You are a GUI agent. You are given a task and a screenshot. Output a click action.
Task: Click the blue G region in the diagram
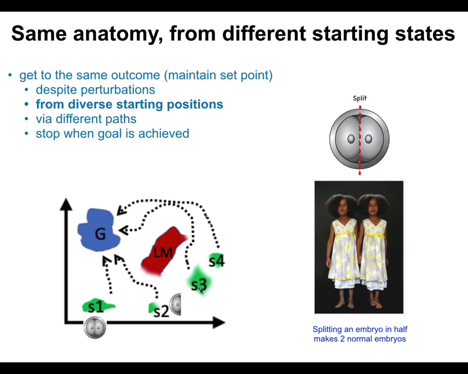(x=98, y=230)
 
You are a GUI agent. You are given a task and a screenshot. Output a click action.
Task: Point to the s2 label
(x=161, y=311)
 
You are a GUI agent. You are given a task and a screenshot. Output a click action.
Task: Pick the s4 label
(x=217, y=261)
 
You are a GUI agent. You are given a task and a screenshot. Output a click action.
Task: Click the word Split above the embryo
(x=360, y=98)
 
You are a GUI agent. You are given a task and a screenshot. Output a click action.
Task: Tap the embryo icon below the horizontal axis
(x=95, y=327)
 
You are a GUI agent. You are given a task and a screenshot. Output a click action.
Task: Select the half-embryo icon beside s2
(x=175, y=304)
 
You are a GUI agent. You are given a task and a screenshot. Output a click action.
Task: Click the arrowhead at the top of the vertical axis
(x=66, y=204)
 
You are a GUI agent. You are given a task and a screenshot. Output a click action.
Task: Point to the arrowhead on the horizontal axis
(x=219, y=323)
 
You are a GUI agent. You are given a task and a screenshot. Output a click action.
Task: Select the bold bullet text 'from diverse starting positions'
(x=129, y=104)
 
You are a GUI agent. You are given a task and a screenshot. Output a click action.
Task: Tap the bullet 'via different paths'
(x=86, y=119)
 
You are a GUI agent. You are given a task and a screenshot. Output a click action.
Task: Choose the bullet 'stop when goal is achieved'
(x=112, y=133)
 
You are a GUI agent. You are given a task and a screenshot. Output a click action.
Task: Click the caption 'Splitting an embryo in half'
(x=360, y=329)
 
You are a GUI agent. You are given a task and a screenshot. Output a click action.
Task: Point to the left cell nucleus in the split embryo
(x=351, y=139)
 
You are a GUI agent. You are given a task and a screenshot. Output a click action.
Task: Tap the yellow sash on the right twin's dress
(x=373, y=235)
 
